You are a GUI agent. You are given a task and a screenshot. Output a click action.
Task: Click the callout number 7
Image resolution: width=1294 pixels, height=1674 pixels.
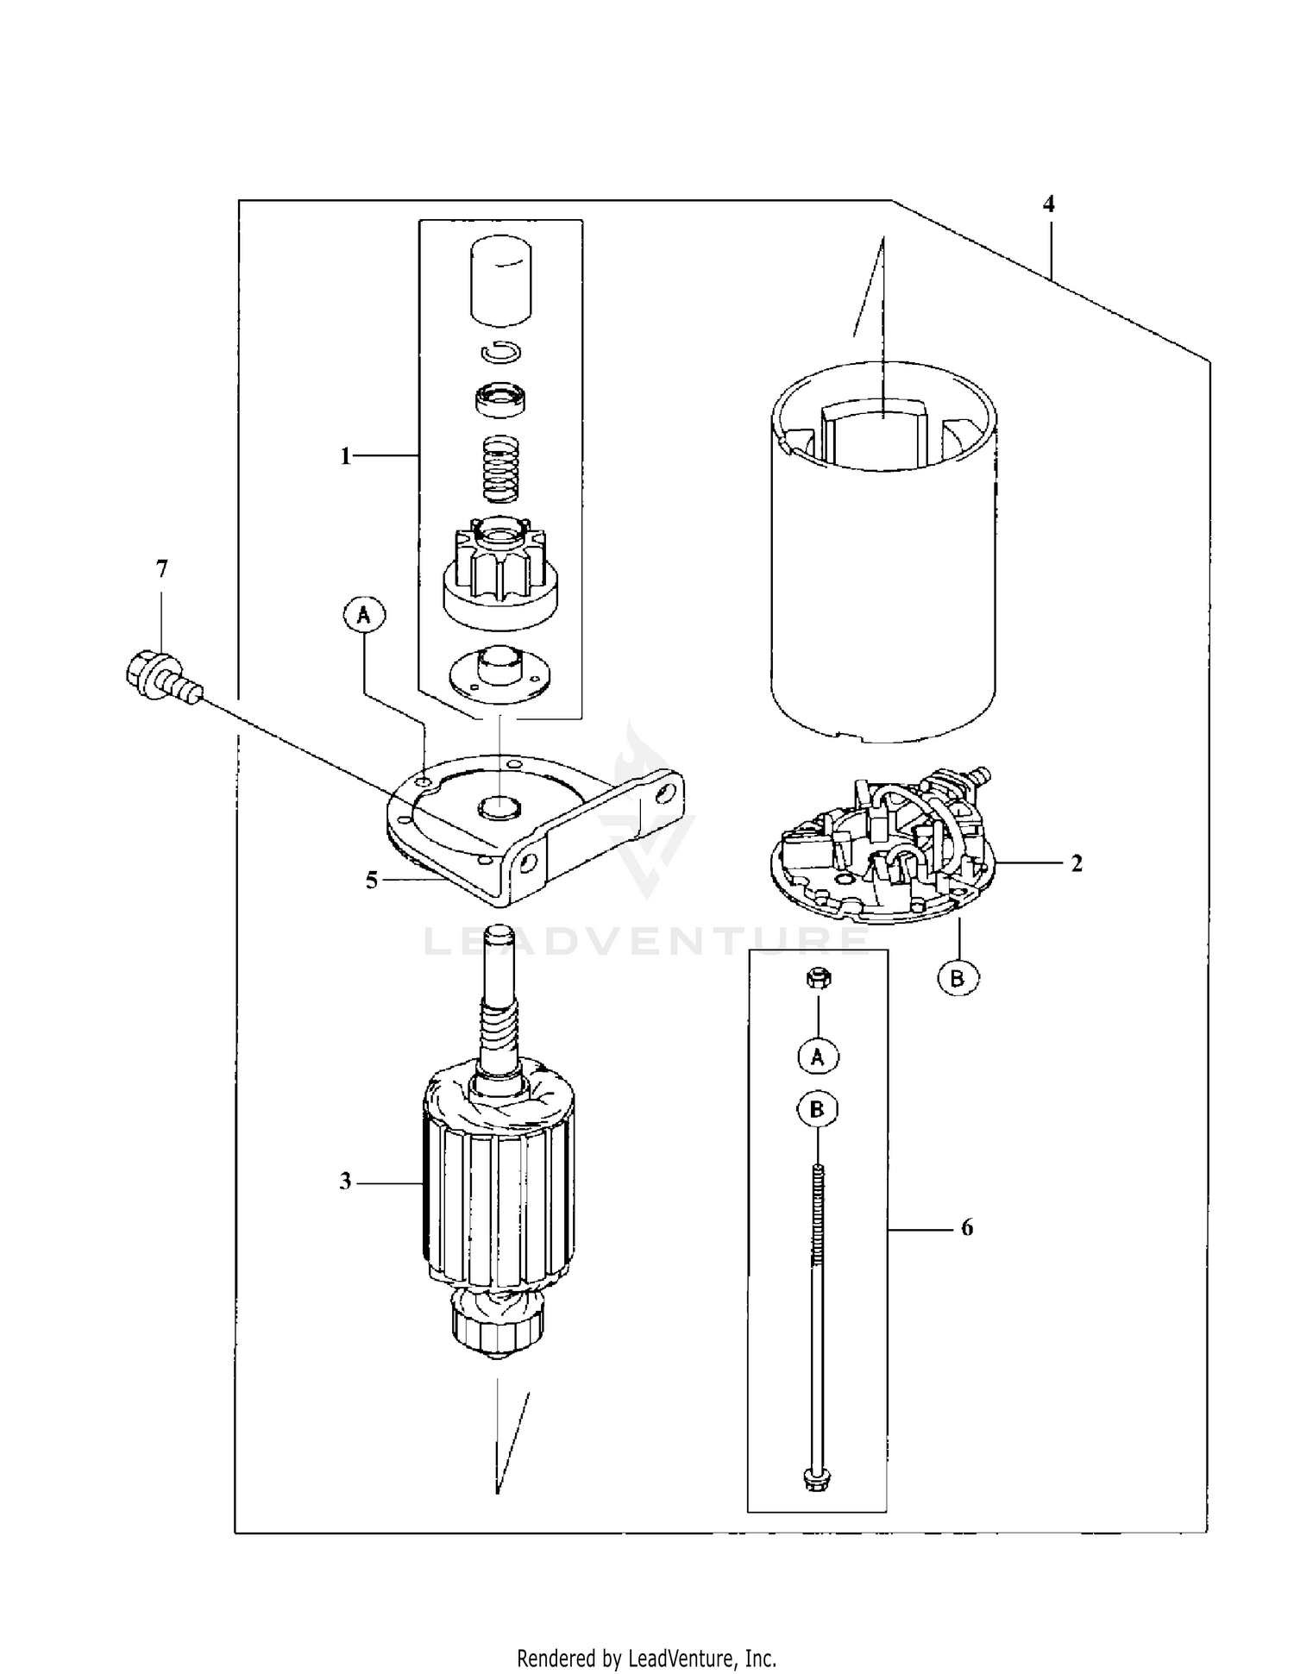161,569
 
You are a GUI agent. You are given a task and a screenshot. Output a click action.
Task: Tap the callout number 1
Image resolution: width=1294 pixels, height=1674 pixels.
345,456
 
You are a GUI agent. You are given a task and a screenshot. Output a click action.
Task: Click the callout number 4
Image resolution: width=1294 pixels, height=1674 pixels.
1048,204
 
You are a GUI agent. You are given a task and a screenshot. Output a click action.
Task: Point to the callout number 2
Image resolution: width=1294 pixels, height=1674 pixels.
1077,863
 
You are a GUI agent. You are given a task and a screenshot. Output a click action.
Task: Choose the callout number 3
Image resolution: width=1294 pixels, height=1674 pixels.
345,1182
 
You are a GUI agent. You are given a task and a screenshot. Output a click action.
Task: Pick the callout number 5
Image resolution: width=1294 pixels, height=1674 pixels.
371,881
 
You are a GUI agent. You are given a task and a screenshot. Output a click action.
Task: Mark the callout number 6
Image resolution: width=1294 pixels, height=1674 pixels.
966,1227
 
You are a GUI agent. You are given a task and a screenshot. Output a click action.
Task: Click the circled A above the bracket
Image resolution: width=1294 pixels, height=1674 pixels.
364,615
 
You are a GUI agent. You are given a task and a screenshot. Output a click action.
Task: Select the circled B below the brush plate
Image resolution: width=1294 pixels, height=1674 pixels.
958,979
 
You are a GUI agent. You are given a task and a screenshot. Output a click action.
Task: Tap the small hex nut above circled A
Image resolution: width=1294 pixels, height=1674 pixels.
817,979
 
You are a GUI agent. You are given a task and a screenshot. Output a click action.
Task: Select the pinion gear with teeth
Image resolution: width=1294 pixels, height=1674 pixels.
499,569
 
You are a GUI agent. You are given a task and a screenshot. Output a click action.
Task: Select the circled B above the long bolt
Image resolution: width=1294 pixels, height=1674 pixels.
817,1110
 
